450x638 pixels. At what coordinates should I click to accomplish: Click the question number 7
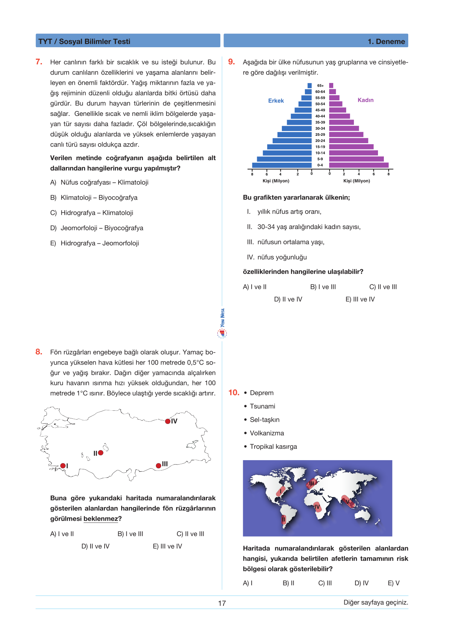[x=39, y=62]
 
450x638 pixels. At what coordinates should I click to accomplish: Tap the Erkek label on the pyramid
[x=276, y=101]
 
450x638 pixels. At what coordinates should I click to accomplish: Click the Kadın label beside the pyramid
[x=365, y=100]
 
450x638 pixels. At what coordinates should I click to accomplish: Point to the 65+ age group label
[x=320, y=86]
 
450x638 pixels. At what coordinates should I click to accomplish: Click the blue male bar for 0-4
[x=282, y=165]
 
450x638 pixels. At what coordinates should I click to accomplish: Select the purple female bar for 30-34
[x=344, y=128]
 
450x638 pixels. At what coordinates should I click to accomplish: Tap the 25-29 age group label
[x=320, y=135]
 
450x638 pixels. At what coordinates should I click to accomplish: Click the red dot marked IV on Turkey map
[x=168, y=421]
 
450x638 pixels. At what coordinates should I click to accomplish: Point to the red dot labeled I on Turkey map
[x=63, y=466]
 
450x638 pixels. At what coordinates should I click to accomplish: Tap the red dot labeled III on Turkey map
[x=158, y=466]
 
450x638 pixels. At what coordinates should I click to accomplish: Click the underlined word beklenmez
[x=100, y=519]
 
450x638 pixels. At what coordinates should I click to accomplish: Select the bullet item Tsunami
[x=262, y=406]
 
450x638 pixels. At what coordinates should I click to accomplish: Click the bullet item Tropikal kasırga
[x=273, y=446]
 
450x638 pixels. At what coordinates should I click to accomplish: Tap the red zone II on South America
[x=284, y=520]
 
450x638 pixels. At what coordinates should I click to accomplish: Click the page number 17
[x=222, y=603]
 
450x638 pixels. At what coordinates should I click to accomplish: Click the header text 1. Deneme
[x=386, y=42]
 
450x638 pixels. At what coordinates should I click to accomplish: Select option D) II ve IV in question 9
[x=288, y=299]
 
